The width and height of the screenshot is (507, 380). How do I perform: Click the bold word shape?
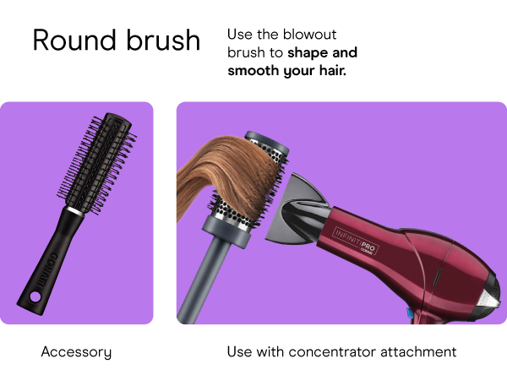(x=308, y=52)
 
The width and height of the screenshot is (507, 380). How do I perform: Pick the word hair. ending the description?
(x=329, y=71)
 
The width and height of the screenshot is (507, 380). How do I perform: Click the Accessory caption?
(x=76, y=351)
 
